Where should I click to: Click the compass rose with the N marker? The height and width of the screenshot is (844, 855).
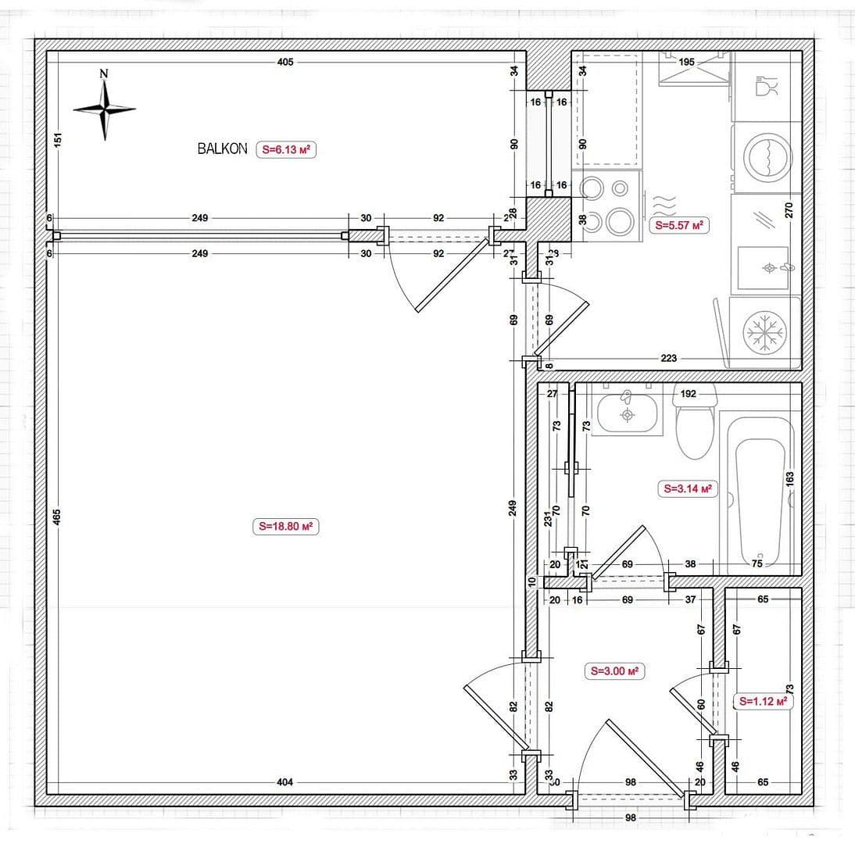coord(105,109)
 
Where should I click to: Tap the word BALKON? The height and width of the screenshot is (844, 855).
coord(222,148)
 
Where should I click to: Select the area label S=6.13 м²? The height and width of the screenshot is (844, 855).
coord(286,149)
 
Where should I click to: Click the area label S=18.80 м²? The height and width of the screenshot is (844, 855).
coord(286,527)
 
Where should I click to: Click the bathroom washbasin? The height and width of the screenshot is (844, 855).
coord(626,413)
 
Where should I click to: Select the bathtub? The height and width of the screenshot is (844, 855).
coord(757,492)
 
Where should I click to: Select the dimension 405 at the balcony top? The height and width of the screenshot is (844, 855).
coord(285,62)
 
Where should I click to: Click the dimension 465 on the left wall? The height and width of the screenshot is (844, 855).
coord(56,517)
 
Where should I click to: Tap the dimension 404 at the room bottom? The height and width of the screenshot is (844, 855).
coord(285,781)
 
